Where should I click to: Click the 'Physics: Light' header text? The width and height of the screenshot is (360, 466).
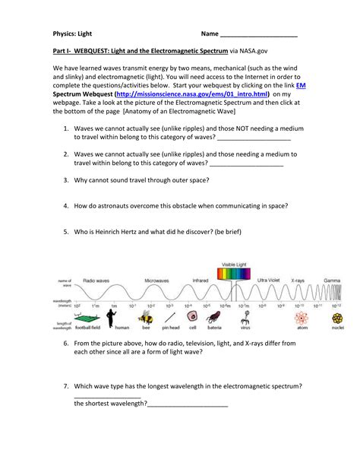click(73, 35)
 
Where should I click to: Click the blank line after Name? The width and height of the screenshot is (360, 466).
click(258, 36)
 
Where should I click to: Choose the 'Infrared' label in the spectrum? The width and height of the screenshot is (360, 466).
click(200, 281)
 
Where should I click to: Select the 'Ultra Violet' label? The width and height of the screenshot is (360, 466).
click(268, 281)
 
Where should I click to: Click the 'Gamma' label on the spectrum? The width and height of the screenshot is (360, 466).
click(332, 281)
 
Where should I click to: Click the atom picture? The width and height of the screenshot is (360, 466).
click(302, 317)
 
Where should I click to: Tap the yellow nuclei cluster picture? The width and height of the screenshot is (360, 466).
click(336, 317)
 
